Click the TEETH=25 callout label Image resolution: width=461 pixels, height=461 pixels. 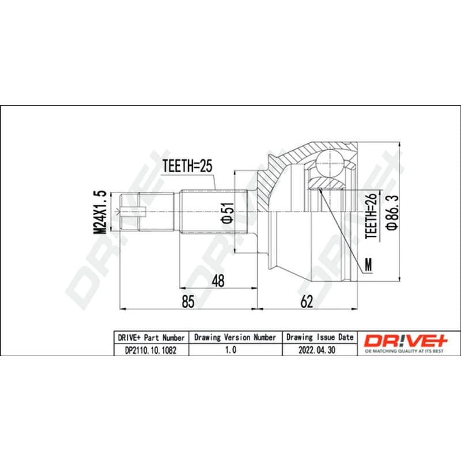click(x=187, y=166)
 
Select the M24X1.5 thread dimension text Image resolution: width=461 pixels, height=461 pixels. click(x=99, y=212)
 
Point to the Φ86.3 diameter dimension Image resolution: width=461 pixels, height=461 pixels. click(x=392, y=211)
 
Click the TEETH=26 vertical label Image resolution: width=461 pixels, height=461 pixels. click(x=371, y=216)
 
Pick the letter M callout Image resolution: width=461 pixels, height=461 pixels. click(x=368, y=264)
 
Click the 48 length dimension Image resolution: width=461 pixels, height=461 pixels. click(x=218, y=281)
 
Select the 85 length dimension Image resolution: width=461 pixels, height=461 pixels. click(x=188, y=301)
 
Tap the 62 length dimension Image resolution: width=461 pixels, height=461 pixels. click(x=307, y=301)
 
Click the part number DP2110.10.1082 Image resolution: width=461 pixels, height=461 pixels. click(x=151, y=350)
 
